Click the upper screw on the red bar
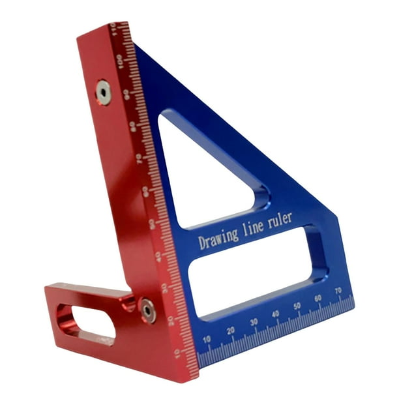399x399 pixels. [103, 92]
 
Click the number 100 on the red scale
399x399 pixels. [119, 60]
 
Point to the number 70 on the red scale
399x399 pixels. [138, 158]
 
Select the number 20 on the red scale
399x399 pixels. [171, 320]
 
